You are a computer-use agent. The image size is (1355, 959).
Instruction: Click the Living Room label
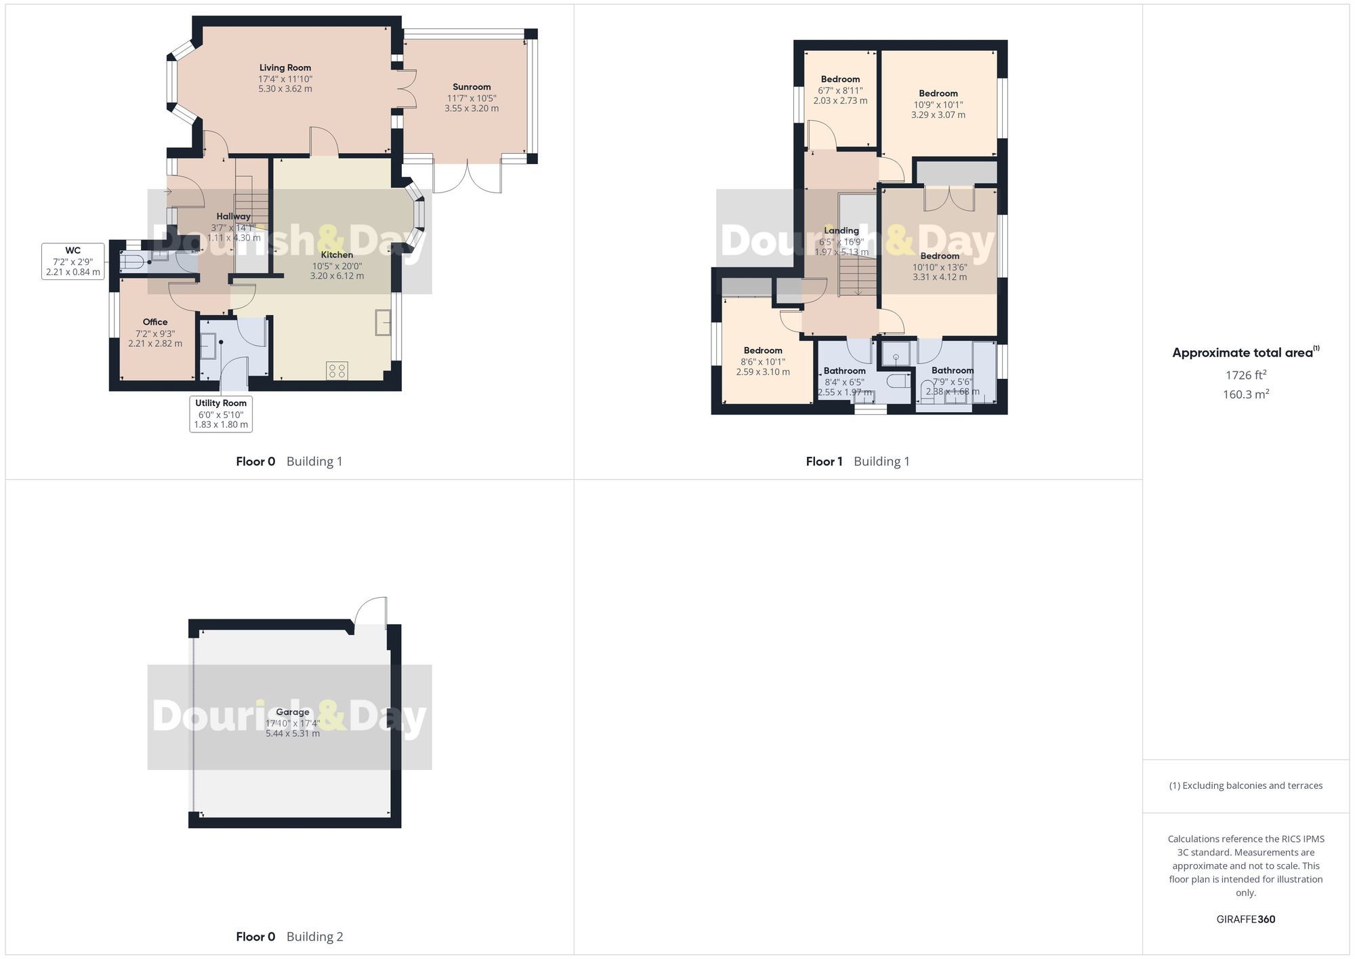point(285,68)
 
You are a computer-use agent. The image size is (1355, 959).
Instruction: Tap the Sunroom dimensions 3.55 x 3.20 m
point(472,108)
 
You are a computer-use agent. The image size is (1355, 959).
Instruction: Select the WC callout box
point(73,261)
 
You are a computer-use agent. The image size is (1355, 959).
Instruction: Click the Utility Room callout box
point(221,413)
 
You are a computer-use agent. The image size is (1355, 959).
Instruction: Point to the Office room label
point(155,322)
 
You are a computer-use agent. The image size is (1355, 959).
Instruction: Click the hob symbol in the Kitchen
point(337,370)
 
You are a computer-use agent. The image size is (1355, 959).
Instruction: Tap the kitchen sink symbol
point(383,322)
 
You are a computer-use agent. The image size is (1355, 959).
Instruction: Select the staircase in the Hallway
point(251,203)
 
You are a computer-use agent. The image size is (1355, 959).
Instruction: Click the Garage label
point(293,712)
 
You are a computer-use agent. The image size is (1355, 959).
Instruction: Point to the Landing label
point(841,230)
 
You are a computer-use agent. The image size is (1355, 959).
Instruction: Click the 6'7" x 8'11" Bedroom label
point(840,79)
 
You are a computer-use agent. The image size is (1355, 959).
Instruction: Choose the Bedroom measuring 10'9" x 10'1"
point(938,94)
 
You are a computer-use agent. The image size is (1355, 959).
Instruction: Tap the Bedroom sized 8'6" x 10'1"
point(763,350)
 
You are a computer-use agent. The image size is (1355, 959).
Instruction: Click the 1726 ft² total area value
point(1246,375)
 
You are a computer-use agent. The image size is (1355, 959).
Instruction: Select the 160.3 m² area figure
point(1246,394)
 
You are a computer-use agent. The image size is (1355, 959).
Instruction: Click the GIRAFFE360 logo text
point(1246,920)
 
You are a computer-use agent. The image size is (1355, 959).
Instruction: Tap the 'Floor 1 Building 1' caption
point(858,462)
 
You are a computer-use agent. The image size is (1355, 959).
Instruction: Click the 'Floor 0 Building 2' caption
point(289,937)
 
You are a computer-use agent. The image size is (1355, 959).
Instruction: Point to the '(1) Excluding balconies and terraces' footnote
point(1246,785)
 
